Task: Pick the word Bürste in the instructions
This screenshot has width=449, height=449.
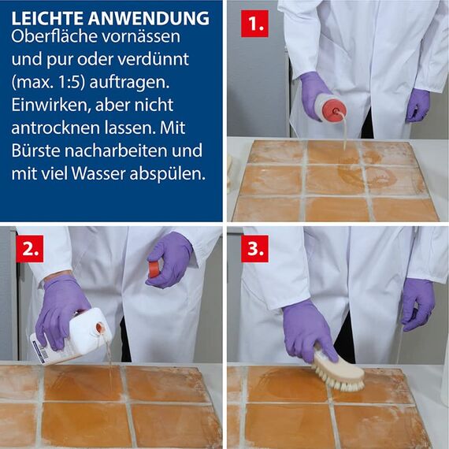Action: (x=35, y=150)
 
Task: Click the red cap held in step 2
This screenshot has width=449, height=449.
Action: (x=154, y=269)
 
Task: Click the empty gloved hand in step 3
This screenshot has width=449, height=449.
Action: (x=417, y=303)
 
